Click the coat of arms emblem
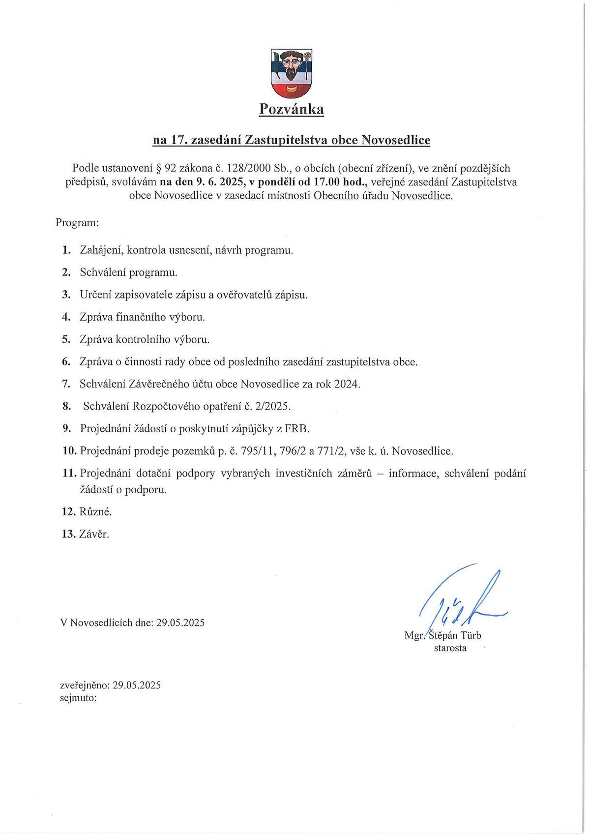click(292, 73)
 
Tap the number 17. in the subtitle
click(179, 140)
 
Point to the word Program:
click(77, 222)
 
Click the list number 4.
click(67, 317)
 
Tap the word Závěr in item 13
click(94, 534)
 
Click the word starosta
click(450, 648)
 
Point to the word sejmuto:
click(78, 697)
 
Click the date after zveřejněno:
click(137, 685)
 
